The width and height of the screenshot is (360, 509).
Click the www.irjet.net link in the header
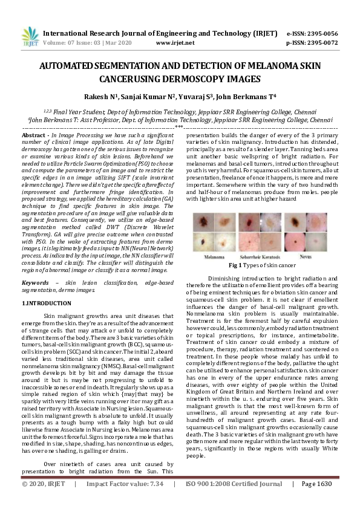[175, 43]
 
